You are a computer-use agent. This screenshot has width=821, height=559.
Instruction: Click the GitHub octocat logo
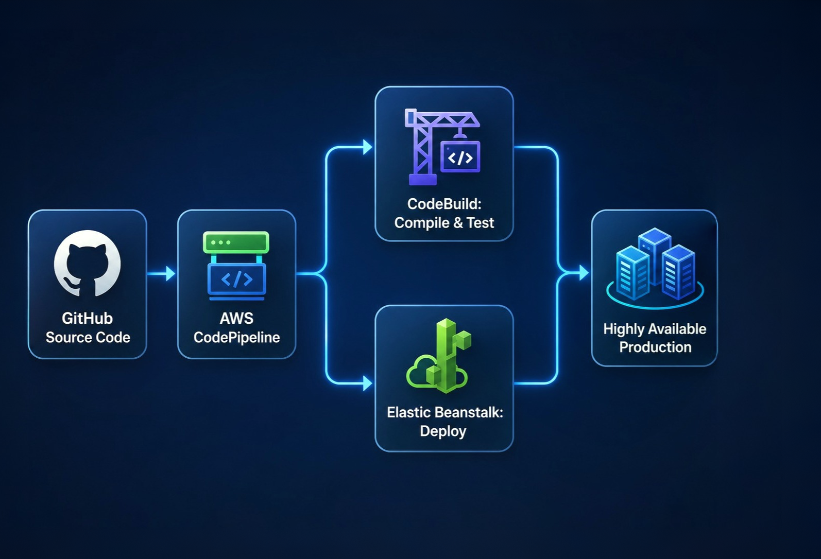pos(87,263)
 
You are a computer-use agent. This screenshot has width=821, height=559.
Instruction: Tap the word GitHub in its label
pos(87,318)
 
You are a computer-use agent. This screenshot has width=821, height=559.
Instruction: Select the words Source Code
pos(88,337)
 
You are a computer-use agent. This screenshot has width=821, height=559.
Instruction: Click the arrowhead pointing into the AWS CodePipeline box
pos(170,273)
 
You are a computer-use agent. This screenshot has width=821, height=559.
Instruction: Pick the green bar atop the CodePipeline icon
pos(236,242)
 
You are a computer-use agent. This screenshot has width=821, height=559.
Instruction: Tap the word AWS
pos(236,318)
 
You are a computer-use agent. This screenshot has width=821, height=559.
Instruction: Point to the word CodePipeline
pos(237,337)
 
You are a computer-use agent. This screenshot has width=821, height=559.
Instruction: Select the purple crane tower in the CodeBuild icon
pos(421,147)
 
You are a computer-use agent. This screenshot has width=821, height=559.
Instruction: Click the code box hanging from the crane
pos(460,156)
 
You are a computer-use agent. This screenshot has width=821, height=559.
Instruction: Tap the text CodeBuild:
pos(444,204)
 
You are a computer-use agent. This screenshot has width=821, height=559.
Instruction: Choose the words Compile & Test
pos(444,223)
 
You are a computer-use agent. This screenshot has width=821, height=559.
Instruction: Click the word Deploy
pos(443,431)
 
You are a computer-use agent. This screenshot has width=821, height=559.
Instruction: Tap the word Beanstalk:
pos(470,412)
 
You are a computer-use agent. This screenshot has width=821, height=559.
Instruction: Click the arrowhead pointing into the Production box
pos(584,273)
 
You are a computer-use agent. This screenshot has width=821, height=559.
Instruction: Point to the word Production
pos(655,347)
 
